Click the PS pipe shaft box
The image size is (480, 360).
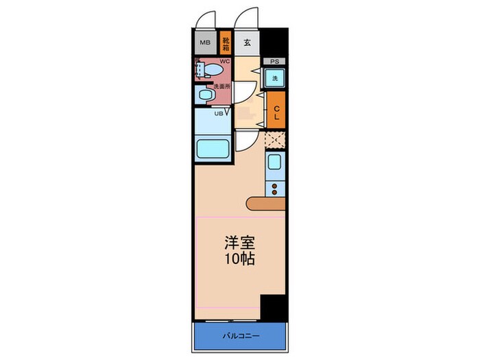[x=274, y=61]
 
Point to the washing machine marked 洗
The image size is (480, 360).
[x=274, y=79]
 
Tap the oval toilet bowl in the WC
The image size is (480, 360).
[x=212, y=71]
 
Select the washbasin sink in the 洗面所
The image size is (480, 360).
[x=204, y=95]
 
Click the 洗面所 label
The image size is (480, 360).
[x=221, y=87]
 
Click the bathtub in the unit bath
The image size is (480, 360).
[x=212, y=149]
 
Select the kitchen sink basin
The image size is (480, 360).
[x=274, y=164]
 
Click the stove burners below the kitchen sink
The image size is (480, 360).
[x=275, y=189]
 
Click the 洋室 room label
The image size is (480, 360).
[x=239, y=243]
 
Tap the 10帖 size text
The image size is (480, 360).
[x=239, y=261]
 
